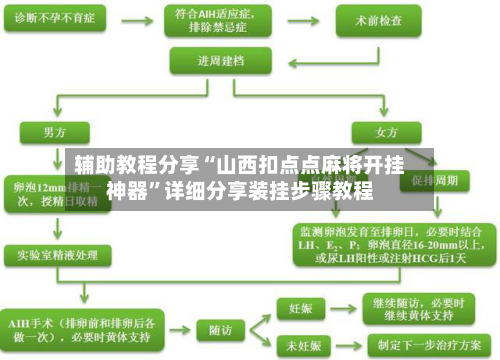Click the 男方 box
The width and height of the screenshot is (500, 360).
(x=54, y=132)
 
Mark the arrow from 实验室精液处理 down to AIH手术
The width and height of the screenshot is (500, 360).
(x=56, y=285)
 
